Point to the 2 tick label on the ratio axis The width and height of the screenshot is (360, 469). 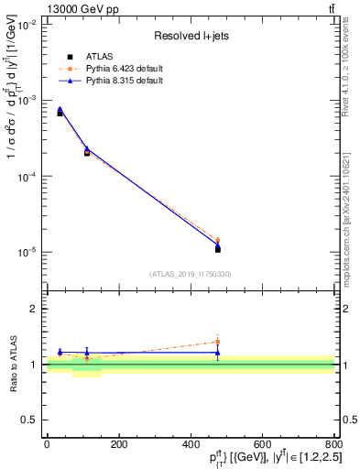[35, 309]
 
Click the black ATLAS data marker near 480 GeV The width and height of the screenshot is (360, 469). [218, 249]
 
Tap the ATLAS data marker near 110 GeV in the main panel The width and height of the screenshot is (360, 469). [87, 153]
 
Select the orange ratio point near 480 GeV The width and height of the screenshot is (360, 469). [218, 342]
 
